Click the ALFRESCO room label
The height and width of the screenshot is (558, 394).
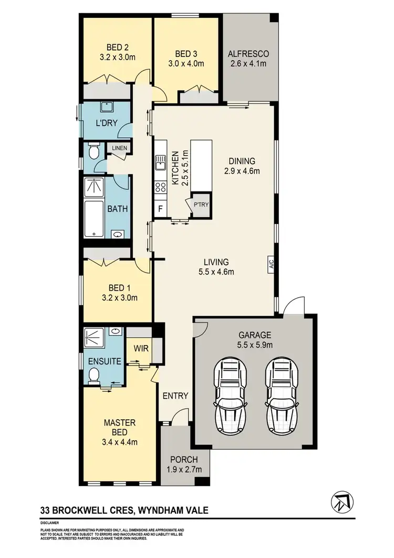[248, 54]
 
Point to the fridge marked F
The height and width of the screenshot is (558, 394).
[160, 209]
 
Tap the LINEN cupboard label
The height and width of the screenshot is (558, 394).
[119, 148]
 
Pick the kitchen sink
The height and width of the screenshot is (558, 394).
[160, 166]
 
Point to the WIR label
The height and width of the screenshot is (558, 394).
[139, 348]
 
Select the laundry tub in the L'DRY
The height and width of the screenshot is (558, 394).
[107, 108]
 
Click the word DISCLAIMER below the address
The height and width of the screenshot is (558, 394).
[49, 524]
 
